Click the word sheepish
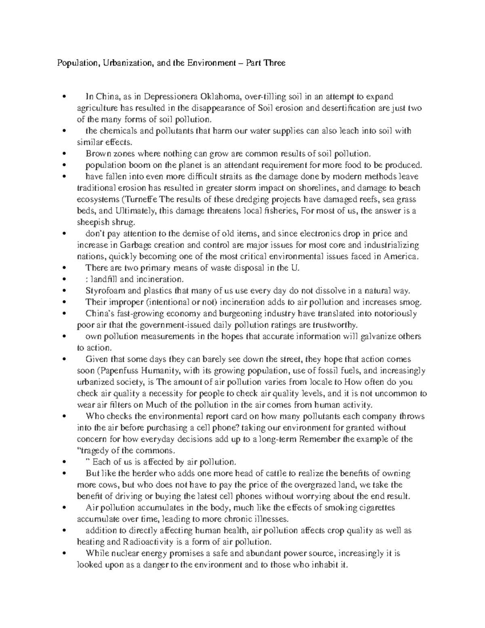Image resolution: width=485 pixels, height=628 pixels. pyautogui.click(x=93, y=222)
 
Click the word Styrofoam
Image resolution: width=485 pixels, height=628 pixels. pyautogui.click(x=104, y=291)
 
